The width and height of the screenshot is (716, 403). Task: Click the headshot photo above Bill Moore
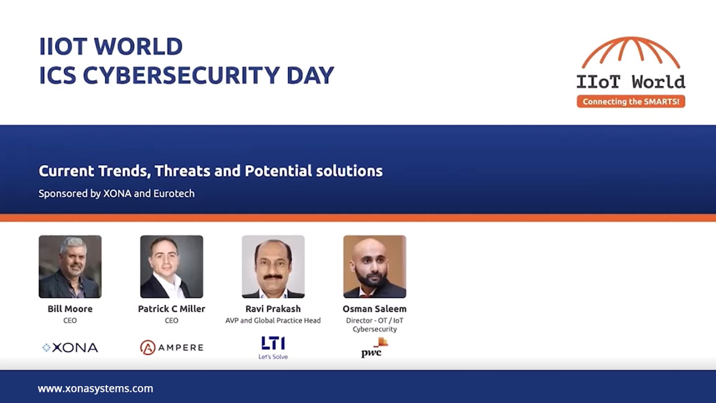click(x=70, y=266)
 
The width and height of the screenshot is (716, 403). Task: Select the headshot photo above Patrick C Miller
click(x=172, y=266)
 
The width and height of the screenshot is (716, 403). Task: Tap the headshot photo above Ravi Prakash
click(x=273, y=266)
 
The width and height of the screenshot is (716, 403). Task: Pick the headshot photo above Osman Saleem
click(x=375, y=266)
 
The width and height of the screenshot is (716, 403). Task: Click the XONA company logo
click(x=70, y=348)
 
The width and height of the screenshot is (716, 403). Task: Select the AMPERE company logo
click(x=172, y=348)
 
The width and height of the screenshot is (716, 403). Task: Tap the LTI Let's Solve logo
click(x=273, y=348)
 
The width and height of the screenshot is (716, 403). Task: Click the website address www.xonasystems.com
click(x=95, y=388)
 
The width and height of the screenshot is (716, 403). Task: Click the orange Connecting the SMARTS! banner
click(x=630, y=101)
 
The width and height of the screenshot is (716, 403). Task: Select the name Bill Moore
click(x=70, y=309)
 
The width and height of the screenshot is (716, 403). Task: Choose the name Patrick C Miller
click(x=172, y=309)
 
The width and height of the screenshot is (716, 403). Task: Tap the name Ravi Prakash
click(x=273, y=309)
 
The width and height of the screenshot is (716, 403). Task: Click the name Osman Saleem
click(x=375, y=309)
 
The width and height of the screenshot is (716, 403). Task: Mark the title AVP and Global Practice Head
click(x=273, y=321)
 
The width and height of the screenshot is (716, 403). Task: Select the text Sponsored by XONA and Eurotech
click(x=116, y=194)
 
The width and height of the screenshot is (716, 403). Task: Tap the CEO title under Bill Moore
click(x=70, y=321)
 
